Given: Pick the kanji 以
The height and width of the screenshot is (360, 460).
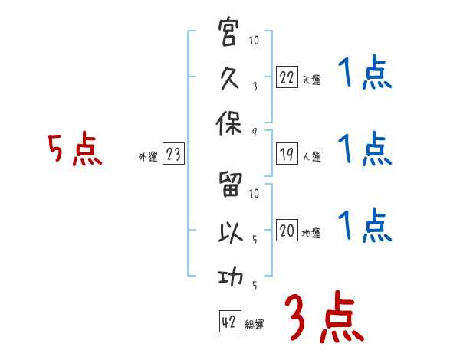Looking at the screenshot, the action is point(228,233).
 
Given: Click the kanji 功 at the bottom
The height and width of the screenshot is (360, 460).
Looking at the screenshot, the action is point(228,277).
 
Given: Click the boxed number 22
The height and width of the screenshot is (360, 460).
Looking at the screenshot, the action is point(286,78).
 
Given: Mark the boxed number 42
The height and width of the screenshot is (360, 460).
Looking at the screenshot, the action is point(228,322).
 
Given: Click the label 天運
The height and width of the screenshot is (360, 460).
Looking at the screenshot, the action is point(311,80).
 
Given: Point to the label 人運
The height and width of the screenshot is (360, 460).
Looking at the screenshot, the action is point(311,157).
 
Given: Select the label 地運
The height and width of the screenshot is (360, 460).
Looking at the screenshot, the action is point(311,234).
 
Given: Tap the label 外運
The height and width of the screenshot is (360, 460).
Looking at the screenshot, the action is point(147,157).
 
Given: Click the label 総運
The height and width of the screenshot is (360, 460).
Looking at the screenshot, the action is point(255,324).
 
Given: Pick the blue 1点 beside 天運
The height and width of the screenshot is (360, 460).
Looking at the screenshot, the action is point(364,75).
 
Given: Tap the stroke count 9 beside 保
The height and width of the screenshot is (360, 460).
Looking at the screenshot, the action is point(254,131).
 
